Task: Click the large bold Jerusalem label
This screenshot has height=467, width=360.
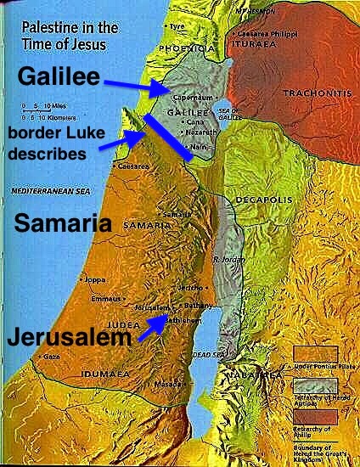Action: pyautogui.click(x=68, y=336)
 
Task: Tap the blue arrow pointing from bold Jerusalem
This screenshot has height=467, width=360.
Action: pyautogui.click(x=153, y=327)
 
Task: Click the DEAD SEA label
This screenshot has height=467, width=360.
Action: pyautogui.click(x=206, y=354)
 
